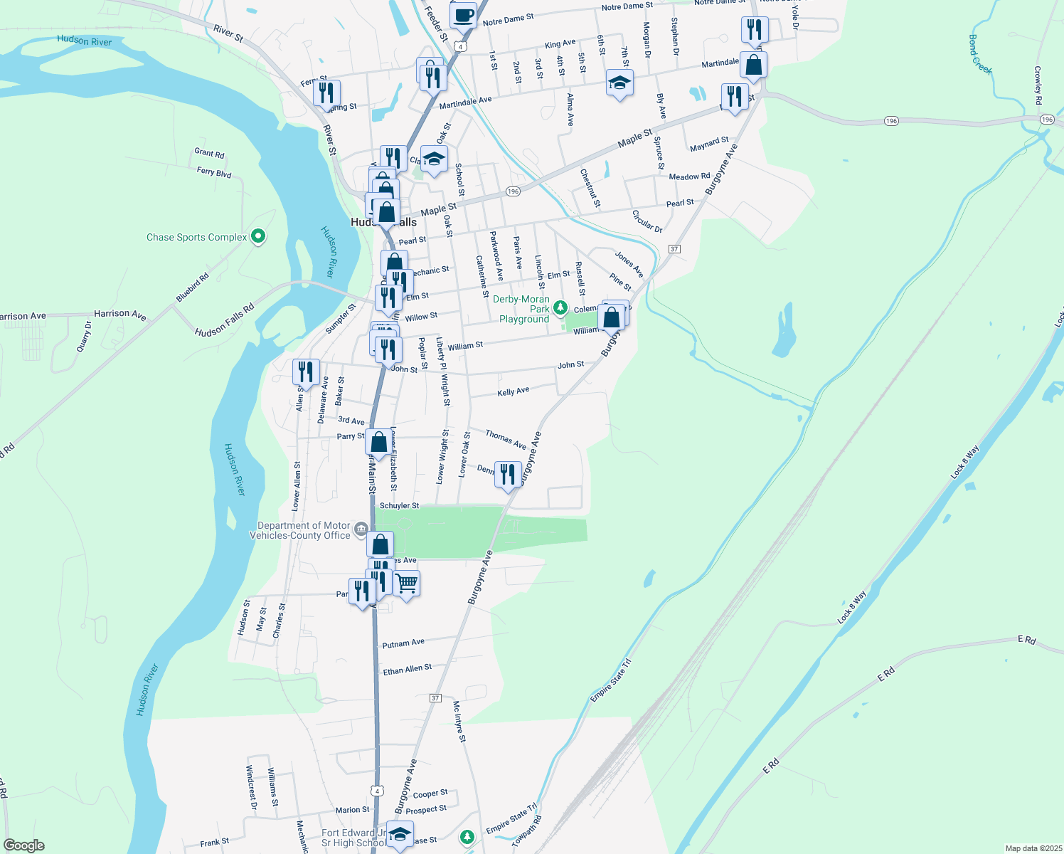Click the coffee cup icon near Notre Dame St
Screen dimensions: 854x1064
pyautogui.click(x=463, y=15)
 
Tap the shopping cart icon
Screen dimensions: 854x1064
pyautogui.click(x=406, y=584)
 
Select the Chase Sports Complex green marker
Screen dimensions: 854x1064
pyautogui.click(x=258, y=236)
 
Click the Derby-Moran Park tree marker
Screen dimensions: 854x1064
pyautogui.click(x=560, y=307)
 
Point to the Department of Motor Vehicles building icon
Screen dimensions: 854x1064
pyautogui.click(x=361, y=529)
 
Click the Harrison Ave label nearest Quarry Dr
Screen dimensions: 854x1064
pyautogui.click(x=120, y=314)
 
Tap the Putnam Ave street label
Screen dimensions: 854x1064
pyautogui.click(x=403, y=643)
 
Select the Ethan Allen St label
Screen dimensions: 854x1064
pyautogui.click(x=408, y=670)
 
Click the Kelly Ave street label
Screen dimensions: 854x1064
pyautogui.click(x=514, y=391)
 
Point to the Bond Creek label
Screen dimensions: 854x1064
pyautogui.click(x=980, y=54)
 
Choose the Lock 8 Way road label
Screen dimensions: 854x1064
pyautogui.click(x=852, y=607)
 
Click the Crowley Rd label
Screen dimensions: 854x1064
pyautogui.click(x=1038, y=85)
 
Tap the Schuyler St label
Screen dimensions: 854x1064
pyautogui.click(x=399, y=506)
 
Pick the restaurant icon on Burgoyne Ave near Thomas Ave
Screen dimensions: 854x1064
pyautogui.click(x=508, y=474)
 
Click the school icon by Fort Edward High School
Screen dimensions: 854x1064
pyautogui.click(x=400, y=835)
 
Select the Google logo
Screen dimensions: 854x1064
pyautogui.click(x=24, y=845)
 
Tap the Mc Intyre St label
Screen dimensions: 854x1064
pyautogui.click(x=459, y=722)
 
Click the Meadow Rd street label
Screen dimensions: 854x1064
pyautogui.click(x=689, y=176)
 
